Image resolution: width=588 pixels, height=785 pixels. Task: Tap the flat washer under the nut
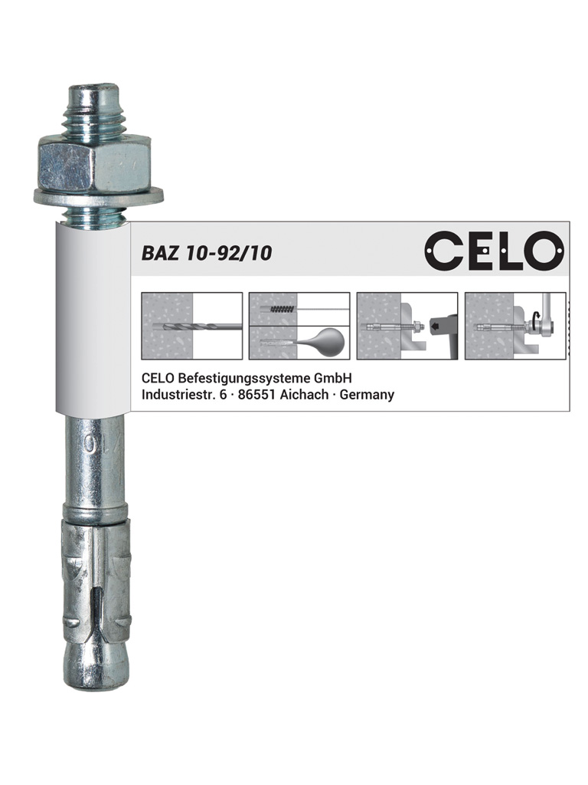(98, 197)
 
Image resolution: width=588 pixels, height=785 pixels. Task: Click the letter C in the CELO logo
(443, 250)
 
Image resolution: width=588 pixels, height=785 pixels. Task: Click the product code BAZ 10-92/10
(207, 253)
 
